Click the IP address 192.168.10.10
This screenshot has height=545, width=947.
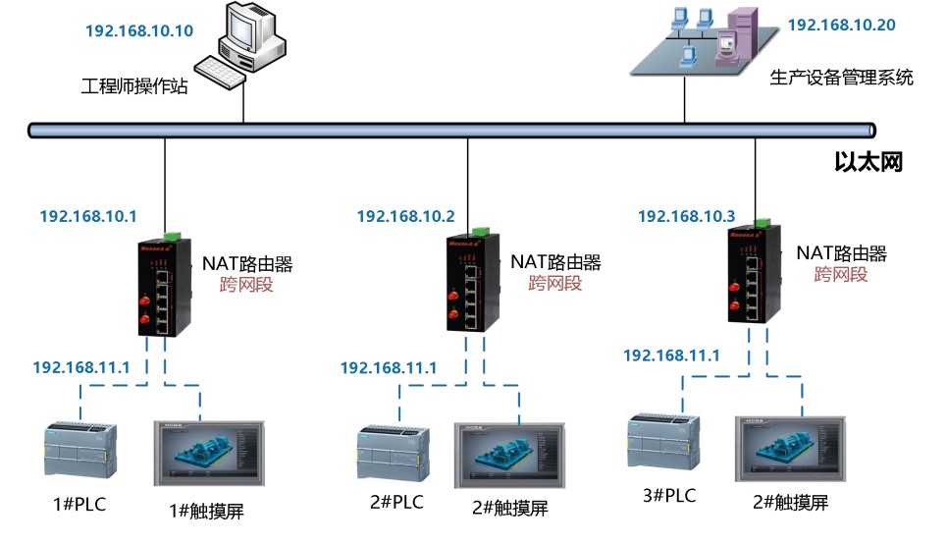(x=139, y=29)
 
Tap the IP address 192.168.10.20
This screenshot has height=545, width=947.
(x=841, y=25)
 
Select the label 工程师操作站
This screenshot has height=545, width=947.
(x=134, y=85)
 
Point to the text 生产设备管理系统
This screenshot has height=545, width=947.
(x=841, y=77)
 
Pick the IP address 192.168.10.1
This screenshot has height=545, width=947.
(x=87, y=216)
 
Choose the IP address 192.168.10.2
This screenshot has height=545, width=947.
(x=405, y=216)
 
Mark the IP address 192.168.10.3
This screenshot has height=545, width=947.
(x=686, y=216)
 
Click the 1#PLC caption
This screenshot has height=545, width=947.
(x=79, y=506)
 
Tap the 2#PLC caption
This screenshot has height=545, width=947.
(x=396, y=503)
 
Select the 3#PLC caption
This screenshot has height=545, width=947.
(x=669, y=496)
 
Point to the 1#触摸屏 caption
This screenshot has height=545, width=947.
(x=207, y=511)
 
